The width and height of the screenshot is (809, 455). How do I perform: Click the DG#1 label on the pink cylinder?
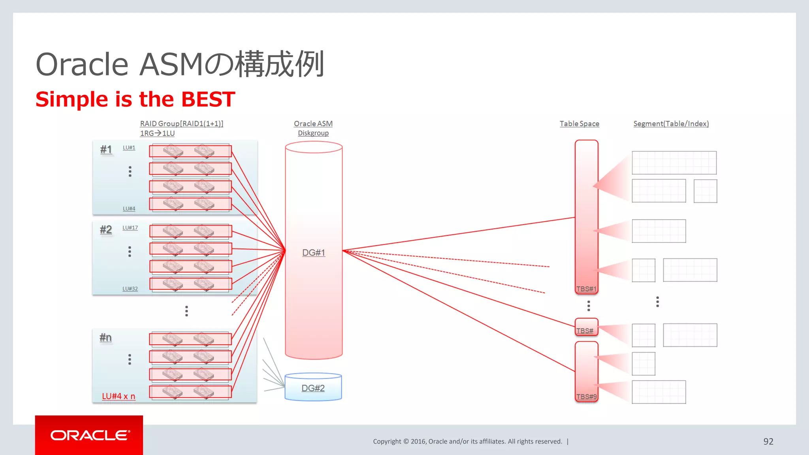pos(314,252)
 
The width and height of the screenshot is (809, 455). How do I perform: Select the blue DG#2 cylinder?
pos(313,388)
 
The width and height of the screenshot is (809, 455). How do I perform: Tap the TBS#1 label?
pos(586,289)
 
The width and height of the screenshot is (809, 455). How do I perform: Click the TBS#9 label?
pos(586,397)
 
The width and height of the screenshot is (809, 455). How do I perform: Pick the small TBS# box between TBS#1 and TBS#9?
pos(586,327)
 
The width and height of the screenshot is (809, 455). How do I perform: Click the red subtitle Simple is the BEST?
pos(135,99)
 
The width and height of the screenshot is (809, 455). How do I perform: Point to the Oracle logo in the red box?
pos(90,435)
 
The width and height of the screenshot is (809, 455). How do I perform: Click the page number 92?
pos(768,441)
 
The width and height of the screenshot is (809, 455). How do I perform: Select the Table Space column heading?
pos(579,124)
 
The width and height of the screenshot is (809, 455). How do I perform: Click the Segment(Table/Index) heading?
pos(671,124)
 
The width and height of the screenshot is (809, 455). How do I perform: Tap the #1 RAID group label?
pos(106,149)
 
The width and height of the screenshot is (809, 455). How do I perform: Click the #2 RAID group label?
pos(106,229)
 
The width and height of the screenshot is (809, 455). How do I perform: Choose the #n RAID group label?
pos(105,337)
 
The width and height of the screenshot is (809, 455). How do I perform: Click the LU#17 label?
pos(130,228)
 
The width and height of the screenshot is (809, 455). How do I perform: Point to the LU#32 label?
pos(130,289)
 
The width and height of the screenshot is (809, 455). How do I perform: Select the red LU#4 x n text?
pos(119,396)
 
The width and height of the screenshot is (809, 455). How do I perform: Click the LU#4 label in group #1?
pos(129,209)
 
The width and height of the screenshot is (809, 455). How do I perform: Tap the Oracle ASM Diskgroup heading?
pos(313,128)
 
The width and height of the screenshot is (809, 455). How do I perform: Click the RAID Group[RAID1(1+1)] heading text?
pos(182,124)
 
